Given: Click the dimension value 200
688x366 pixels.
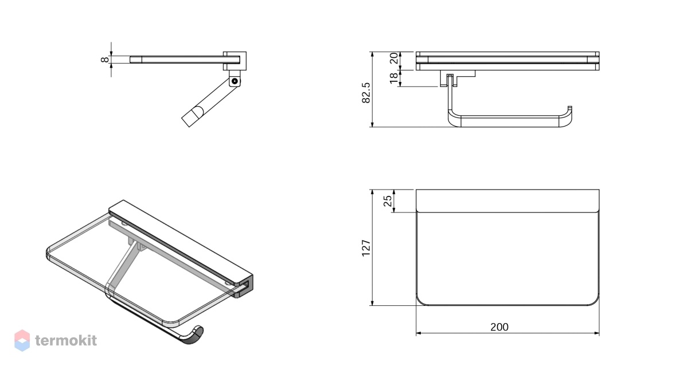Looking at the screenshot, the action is point(499,327).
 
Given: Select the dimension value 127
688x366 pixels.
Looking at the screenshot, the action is point(366,248).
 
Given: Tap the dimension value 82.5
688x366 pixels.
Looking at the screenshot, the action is point(366,93).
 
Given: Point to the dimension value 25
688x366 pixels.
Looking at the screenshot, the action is point(388,201).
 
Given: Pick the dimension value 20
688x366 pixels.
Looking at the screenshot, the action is point(394,58).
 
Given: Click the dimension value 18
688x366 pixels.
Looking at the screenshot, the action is point(394,78).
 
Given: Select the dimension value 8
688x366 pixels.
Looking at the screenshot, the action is point(105,60).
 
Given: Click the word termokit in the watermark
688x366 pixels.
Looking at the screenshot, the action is point(66,341).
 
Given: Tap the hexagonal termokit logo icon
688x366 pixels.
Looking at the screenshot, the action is point(22,341).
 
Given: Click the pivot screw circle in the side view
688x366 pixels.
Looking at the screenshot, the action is point(234,81).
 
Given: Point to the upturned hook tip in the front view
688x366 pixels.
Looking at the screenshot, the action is point(570,108).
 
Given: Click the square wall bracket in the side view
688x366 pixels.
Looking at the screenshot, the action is point(234,61).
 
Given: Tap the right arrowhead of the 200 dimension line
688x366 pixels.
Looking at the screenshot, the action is point(596,333).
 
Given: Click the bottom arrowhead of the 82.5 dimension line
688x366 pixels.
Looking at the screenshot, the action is point(372,124).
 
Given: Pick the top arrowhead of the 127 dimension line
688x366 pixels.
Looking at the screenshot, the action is point(372,192).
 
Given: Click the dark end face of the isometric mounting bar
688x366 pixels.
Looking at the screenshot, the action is point(244,286).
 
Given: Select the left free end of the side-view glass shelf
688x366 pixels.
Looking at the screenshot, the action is point(131,60).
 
